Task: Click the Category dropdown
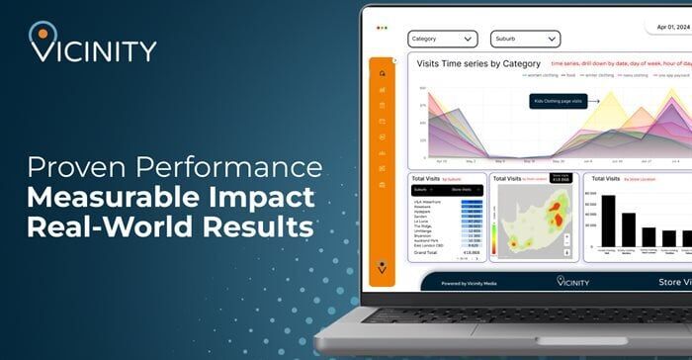(x=442, y=40)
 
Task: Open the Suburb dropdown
(x=525, y=40)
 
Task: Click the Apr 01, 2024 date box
(x=667, y=29)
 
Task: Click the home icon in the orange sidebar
(x=382, y=72)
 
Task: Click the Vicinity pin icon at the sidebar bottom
(x=382, y=267)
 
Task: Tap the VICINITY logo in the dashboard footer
(x=572, y=282)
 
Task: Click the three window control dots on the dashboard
(x=382, y=27)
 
